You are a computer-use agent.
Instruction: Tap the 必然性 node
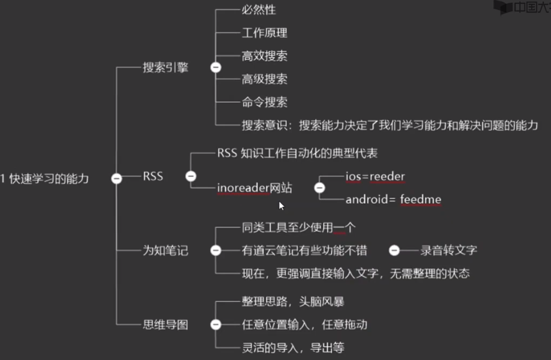[x=258, y=11]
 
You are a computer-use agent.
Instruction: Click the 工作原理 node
[x=264, y=33]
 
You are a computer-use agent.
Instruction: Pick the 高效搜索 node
[x=264, y=56]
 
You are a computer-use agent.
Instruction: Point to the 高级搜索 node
[x=264, y=79]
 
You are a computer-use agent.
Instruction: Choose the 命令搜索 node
[x=264, y=102]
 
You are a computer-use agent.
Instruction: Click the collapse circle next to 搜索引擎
[x=216, y=68]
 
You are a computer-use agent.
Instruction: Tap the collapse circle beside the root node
[x=116, y=178]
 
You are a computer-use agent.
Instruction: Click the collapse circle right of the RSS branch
[x=191, y=177]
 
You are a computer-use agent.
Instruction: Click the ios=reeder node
[x=375, y=177]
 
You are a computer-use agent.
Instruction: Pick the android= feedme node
[x=393, y=200]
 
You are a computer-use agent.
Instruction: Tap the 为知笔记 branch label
[x=165, y=251]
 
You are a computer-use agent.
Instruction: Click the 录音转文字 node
[x=449, y=251]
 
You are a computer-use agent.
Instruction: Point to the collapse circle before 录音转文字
[x=394, y=251]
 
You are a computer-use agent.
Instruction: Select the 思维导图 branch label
[x=165, y=325]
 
